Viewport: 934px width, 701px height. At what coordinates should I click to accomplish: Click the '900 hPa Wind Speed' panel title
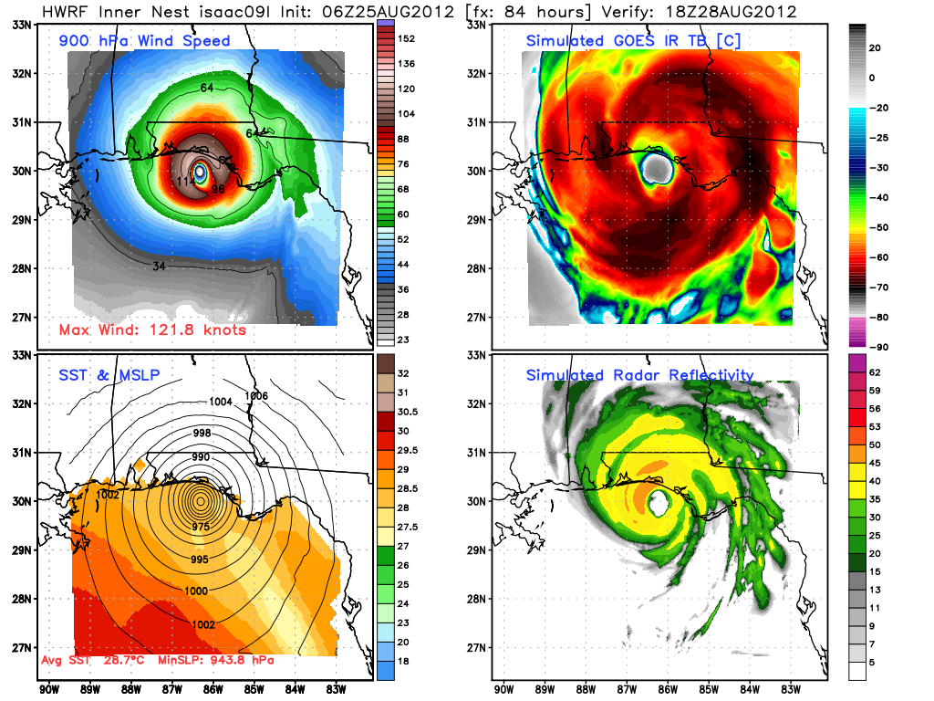[x=144, y=41]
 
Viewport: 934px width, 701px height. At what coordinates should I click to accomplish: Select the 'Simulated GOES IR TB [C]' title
[x=628, y=41]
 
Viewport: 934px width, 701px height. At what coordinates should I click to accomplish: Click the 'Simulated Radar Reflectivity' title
[x=639, y=375]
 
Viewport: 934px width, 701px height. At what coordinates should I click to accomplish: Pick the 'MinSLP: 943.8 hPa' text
[x=211, y=659]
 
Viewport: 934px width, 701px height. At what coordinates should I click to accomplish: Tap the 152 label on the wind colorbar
[x=406, y=38]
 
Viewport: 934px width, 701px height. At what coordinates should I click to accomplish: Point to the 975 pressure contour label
[x=202, y=527]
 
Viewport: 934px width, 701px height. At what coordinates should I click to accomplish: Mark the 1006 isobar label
[x=258, y=396]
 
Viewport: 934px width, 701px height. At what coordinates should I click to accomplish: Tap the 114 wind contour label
[x=185, y=181]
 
